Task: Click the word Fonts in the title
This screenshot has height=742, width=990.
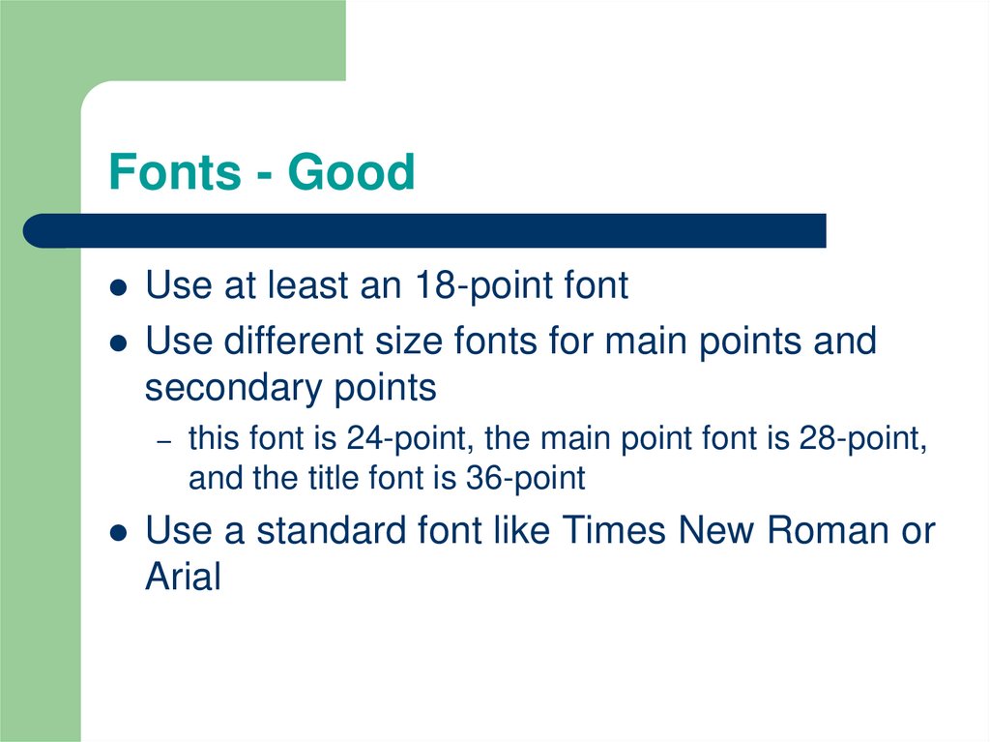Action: (x=174, y=173)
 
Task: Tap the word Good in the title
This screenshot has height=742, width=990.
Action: (x=352, y=173)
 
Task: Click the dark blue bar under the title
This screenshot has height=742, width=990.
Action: (x=425, y=230)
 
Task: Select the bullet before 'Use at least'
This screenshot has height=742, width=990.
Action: (x=118, y=288)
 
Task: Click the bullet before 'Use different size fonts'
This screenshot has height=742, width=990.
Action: (x=118, y=342)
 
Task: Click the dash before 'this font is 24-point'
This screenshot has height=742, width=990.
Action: (x=164, y=440)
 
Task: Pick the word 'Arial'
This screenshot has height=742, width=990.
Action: (x=183, y=578)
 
